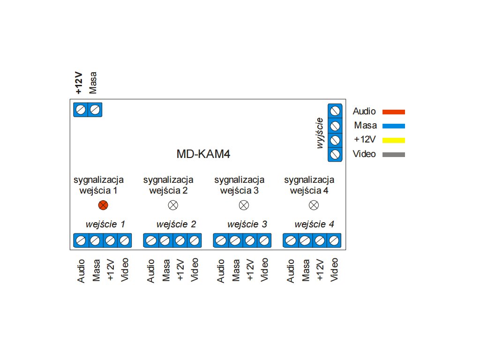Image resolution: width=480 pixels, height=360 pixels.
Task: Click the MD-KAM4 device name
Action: (203, 154)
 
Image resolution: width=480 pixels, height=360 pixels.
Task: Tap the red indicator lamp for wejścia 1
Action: (103, 205)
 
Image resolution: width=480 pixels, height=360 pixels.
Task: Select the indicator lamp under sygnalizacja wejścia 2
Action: (173, 205)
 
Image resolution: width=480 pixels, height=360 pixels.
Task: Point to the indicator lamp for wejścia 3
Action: (244, 205)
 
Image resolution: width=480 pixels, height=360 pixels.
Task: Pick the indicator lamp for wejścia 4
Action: (314, 205)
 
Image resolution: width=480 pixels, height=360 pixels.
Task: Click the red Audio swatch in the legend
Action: (393, 112)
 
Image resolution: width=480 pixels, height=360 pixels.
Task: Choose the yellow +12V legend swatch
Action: (393, 140)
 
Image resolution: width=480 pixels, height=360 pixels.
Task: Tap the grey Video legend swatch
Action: (393, 154)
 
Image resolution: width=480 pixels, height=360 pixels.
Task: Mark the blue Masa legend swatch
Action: (393, 126)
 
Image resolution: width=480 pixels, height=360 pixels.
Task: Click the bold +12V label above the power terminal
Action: (79, 83)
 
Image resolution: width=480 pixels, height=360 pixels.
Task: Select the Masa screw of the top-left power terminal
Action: (95, 110)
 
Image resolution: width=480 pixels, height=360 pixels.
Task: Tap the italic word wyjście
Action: (320, 133)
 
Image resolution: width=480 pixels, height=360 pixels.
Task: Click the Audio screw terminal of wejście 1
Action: (81, 240)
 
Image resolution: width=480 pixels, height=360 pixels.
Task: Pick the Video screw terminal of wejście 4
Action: (334, 240)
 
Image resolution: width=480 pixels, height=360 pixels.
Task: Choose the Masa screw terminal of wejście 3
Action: (236, 240)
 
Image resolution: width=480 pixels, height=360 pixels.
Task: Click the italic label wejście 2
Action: (176, 225)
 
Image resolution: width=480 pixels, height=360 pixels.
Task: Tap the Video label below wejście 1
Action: (125, 270)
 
